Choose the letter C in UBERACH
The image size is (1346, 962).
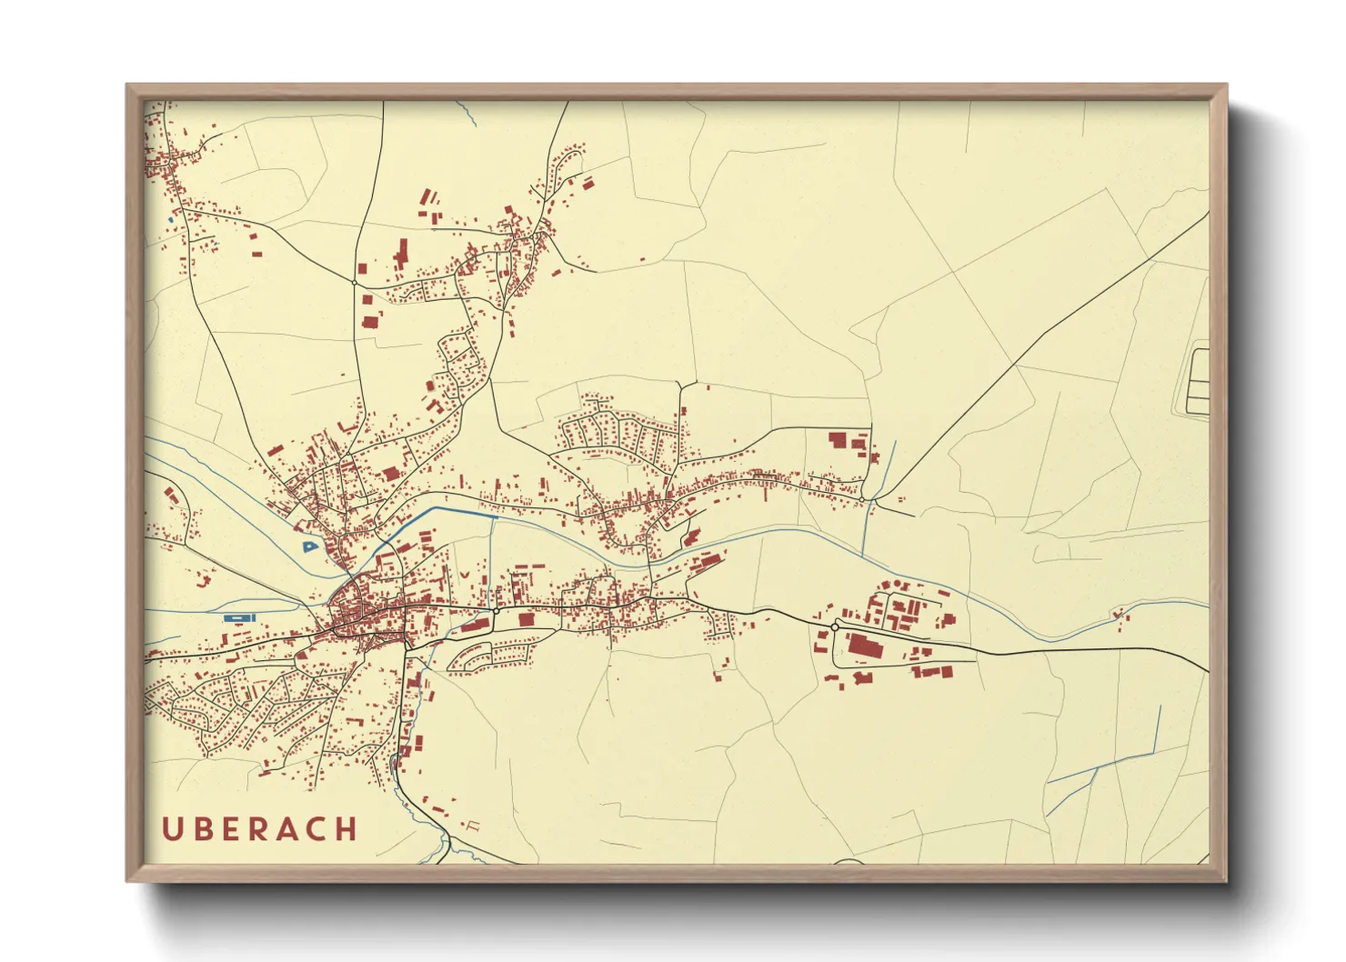click(x=317, y=829)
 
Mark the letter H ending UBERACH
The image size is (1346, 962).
click(x=347, y=829)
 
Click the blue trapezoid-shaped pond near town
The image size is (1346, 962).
click(x=310, y=546)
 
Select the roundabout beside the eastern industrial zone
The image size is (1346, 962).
click(x=834, y=626)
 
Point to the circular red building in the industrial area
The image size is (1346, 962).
click(x=898, y=583)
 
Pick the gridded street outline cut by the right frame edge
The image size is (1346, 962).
click(x=1198, y=382)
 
